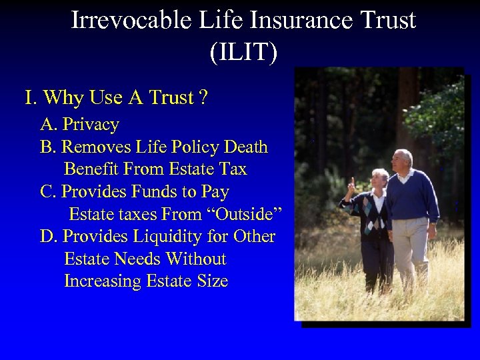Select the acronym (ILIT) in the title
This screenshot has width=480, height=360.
(x=243, y=53)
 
